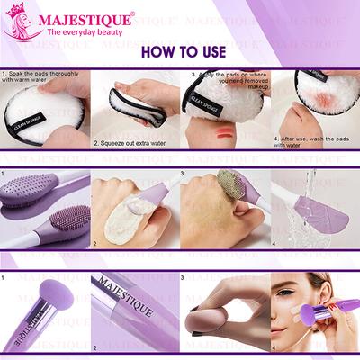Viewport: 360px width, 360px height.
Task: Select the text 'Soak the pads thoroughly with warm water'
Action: (x=40, y=78)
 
